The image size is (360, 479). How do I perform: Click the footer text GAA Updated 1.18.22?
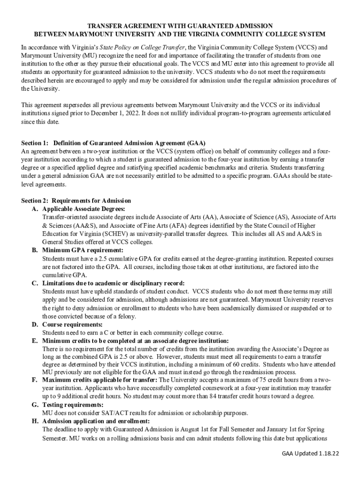310,454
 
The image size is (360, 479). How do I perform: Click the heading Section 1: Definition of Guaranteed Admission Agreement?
114,143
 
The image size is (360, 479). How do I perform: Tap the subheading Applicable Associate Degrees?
84,209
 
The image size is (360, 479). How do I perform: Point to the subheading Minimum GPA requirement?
83,250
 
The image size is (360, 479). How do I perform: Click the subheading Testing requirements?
73,405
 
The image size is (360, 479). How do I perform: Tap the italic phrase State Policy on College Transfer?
143,48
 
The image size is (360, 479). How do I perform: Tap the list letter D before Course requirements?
35,325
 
